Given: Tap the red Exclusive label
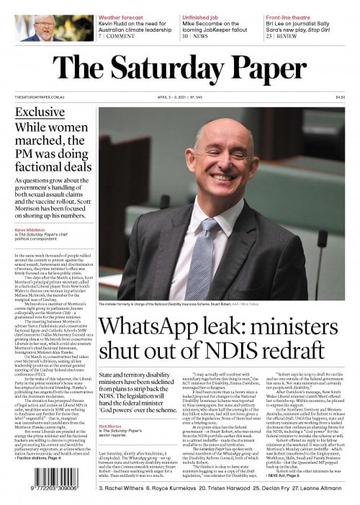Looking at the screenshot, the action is click(x=40, y=112).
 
